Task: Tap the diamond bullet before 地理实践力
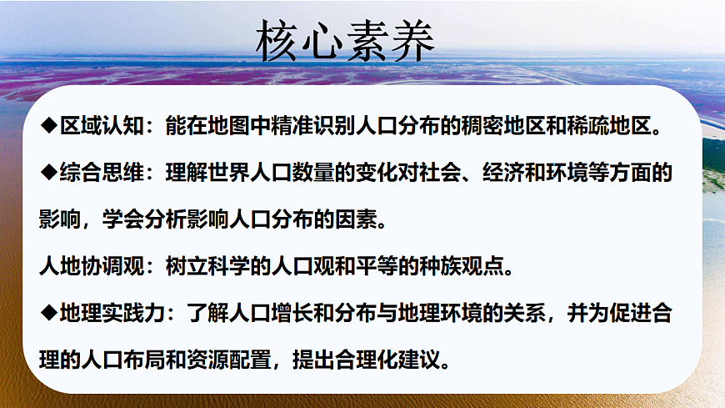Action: (48, 314)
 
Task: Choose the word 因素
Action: (342, 220)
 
